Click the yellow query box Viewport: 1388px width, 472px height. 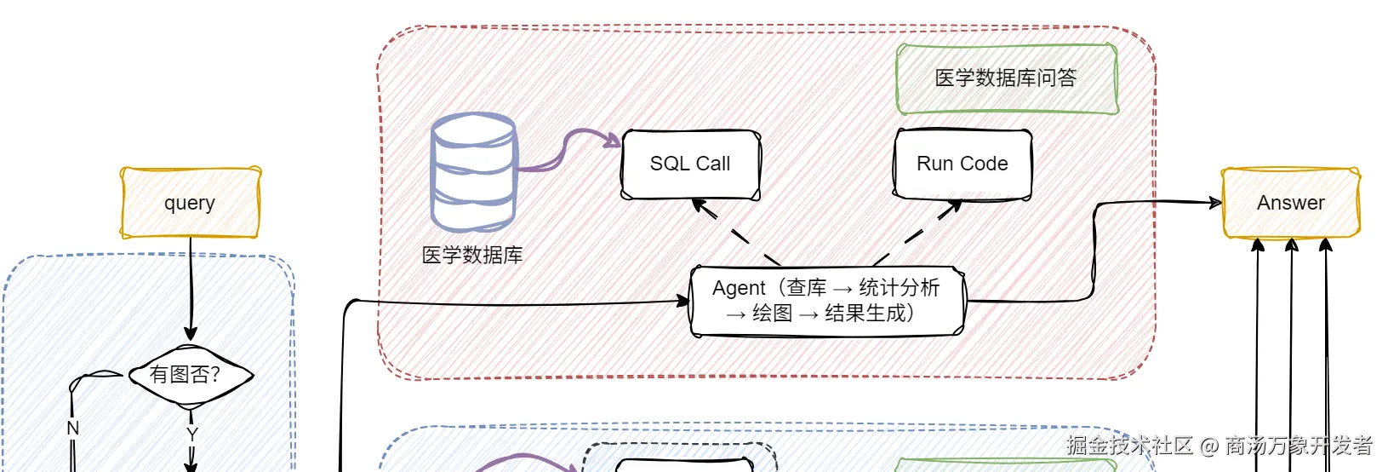pos(191,203)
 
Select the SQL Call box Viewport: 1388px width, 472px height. pos(691,164)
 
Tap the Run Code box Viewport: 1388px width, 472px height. pos(962,164)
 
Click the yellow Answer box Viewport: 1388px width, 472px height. pos(1291,203)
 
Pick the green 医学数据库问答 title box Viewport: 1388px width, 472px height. pos(1007,78)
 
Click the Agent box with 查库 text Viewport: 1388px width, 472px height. pos(827,302)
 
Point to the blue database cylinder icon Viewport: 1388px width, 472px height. pos(474,172)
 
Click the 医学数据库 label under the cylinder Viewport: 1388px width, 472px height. pos(472,255)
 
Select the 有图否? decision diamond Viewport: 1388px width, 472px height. pos(191,375)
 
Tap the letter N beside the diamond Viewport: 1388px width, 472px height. pos(73,428)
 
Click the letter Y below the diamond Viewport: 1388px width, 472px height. pos(192,435)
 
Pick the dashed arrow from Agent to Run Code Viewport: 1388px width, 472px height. pos(918,233)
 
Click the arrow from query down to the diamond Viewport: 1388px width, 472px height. pos(191,289)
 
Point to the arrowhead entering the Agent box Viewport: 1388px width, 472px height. pos(683,302)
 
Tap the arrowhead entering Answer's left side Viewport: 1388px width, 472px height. pos(1214,202)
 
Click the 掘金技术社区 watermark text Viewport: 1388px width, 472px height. pos(1129,446)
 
